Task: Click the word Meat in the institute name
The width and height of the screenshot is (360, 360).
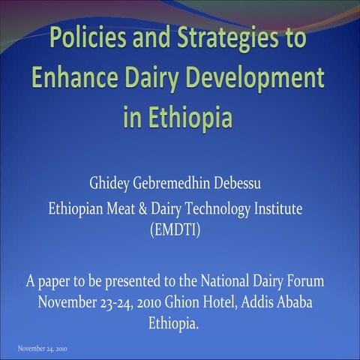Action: [133, 208]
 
